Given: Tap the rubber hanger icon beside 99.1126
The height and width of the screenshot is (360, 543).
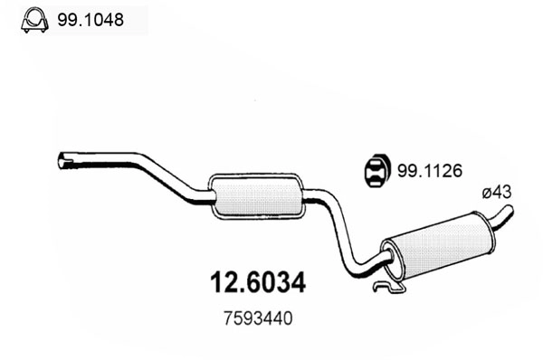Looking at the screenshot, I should [x=374, y=169].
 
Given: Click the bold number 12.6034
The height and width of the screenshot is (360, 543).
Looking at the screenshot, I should [x=252, y=282].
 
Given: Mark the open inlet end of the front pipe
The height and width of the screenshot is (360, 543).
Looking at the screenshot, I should [x=63, y=161].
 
